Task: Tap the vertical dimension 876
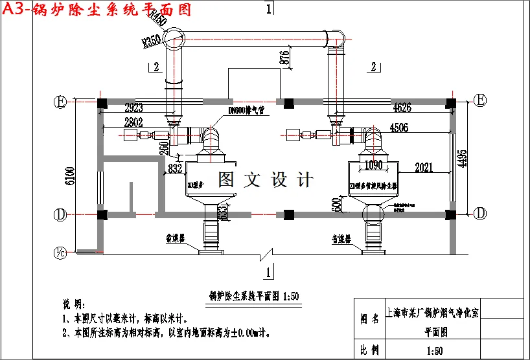(x=283, y=57)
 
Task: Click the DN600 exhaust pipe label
(x=247, y=111)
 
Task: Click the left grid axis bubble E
(x=60, y=102)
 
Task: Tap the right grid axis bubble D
(x=480, y=213)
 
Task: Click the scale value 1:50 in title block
(x=435, y=351)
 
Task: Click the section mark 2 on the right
(x=374, y=66)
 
